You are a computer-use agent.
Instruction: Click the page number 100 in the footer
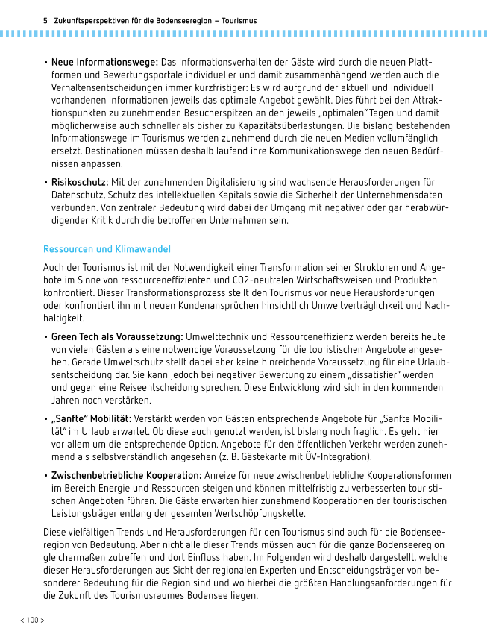pyautogui.click(x=31, y=620)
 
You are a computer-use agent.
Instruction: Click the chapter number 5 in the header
pyautogui.click(x=46, y=21)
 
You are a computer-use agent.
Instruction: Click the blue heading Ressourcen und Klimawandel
pyautogui.click(x=107, y=248)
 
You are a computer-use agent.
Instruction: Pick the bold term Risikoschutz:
pyautogui.click(x=80, y=182)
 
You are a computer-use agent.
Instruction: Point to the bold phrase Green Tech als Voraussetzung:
pyautogui.click(x=117, y=336)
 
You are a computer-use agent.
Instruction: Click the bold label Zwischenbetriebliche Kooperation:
pyautogui.click(x=126, y=475)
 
